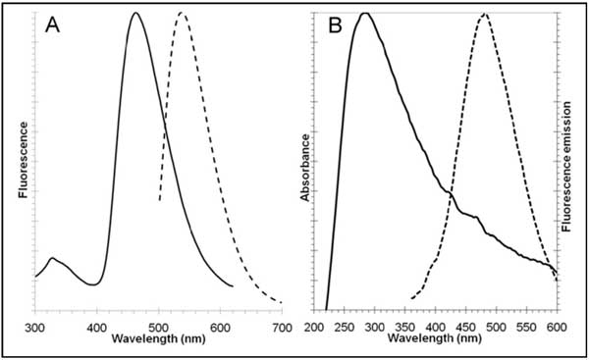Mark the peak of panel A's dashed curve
[182, 13]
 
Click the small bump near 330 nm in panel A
[52, 258]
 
